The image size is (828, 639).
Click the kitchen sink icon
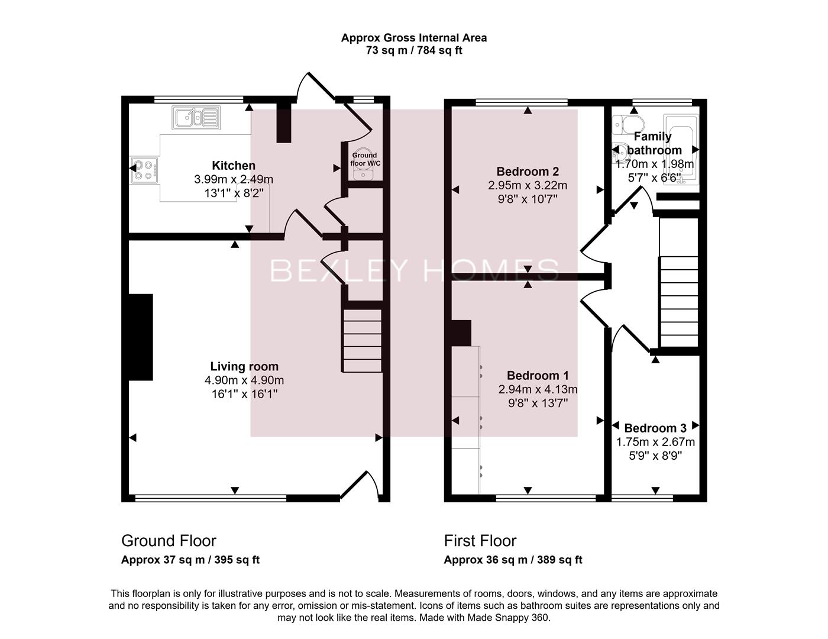coord(196,117)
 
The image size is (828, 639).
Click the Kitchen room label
coord(234,166)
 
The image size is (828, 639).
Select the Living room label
coord(244,366)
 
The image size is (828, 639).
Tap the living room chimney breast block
coord(141,337)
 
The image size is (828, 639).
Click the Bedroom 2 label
coord(528,172)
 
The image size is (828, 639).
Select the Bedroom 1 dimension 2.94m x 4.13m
coord(538,389)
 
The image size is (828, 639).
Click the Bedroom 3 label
coord(655,428)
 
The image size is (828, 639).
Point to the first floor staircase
coord(679,302)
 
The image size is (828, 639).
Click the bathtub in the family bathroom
coord(681,150)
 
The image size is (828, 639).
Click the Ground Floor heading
coord(169,541)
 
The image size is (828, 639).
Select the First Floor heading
coord(480,541)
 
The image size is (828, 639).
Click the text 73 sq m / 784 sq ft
coord(414,50)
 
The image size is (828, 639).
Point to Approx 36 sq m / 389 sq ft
coord(513,560)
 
